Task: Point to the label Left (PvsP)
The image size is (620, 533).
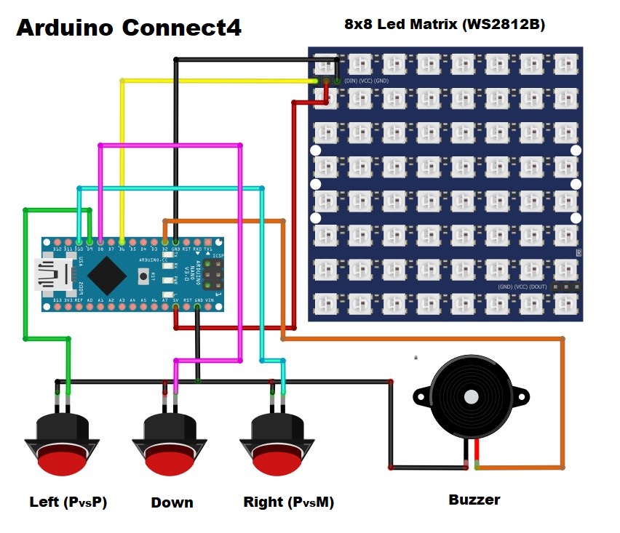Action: [68, 502]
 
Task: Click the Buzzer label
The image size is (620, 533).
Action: [474, 500]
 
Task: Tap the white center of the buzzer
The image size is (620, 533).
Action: [472, 397]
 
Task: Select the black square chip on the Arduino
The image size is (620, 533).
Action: [108, 275]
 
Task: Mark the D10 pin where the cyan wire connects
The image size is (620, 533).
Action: [79, 241]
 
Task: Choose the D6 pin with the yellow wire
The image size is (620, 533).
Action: [122, 241]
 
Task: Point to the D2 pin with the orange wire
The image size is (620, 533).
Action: [165, 241]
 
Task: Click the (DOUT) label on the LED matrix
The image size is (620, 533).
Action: [536, 287]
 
